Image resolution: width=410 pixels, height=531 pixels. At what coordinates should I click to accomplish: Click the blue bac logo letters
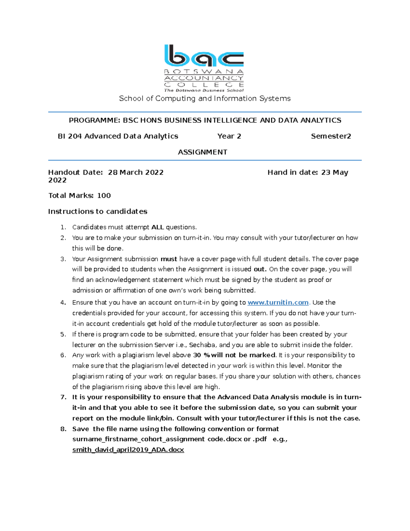click(204, 55)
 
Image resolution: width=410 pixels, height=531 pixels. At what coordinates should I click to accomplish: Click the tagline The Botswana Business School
click(204, 90)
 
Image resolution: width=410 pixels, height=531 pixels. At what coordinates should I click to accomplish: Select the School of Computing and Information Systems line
click(205, 98)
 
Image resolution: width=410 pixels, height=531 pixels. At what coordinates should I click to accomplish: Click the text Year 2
click(229, 136)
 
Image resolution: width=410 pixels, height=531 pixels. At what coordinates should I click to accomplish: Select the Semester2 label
click(331, 136)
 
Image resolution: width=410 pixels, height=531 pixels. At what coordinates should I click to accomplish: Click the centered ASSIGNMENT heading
click(203, 152)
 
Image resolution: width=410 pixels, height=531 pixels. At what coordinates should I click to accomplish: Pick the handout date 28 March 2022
click(136, 172)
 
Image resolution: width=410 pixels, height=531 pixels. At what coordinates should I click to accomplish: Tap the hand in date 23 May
click(334, 172)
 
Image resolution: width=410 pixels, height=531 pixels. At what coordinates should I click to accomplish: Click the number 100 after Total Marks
click(104, 196)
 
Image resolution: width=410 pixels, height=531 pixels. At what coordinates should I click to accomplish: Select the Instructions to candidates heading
click(98, 211)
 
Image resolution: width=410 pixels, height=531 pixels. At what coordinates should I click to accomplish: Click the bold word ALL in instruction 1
click(158, 227)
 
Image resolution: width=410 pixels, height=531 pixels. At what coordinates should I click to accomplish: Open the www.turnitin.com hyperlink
click(278, 303)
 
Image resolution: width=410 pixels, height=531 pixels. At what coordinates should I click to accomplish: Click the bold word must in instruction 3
click(169, 259)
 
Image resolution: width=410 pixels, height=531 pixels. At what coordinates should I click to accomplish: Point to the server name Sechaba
click(202, 345)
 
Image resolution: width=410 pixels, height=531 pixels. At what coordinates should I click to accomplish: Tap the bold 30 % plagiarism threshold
click(202, 355)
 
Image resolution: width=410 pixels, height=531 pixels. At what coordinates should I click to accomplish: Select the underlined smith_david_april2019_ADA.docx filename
click(128, 450)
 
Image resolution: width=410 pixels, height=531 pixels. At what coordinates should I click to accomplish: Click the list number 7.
click(63, 397)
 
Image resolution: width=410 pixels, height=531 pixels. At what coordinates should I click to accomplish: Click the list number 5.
click(63, 334)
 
